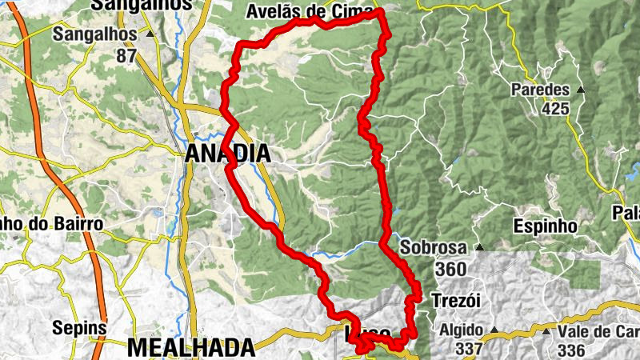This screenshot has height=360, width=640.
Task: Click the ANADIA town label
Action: pyautogui.click(x=227, y=154)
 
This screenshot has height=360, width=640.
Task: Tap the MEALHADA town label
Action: pyautogui.click(x=190, y=347)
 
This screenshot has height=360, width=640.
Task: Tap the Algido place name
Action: pyautogui.click(x=460, y=330)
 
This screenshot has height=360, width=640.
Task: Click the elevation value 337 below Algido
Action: pyautogui.click(x=469, y=349)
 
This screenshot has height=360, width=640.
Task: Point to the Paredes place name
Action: pyautogui.click(x=542, y=90)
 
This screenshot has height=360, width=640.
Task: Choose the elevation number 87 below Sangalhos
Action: pyautogui.click(x=126, y=55)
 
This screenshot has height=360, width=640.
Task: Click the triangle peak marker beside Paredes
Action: pyautogui.click(x=581, y=90)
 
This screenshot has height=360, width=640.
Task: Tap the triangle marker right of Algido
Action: pyautogui.click(x=494, y=330)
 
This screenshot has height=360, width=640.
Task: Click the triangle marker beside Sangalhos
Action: pyautogui.click(x=150, y=34)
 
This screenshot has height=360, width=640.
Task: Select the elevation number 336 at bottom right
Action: pyautogui.click(x=572, y=350)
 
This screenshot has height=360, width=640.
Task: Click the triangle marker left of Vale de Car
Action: pyautogui.click(x=546, y=331)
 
